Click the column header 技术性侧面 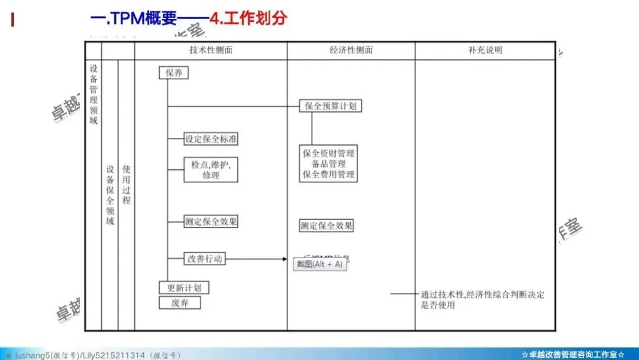pos(211,50)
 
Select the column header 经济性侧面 pos(351,50)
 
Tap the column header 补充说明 pos(485,50)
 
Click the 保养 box pos(173,73)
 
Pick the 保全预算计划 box pos(330,106)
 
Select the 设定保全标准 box pos(211,139)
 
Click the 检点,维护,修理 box pos(211,169)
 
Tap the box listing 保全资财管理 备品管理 pos(329,163)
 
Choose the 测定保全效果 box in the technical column pos(211,222)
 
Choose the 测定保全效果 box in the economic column pos(327,226)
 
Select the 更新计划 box pos(184,288)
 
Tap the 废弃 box pos(180,303)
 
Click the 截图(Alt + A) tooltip pos(320,264)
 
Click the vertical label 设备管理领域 pos(93,95)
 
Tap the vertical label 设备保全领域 pos(109,195)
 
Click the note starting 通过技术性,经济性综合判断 pos(482,300)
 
